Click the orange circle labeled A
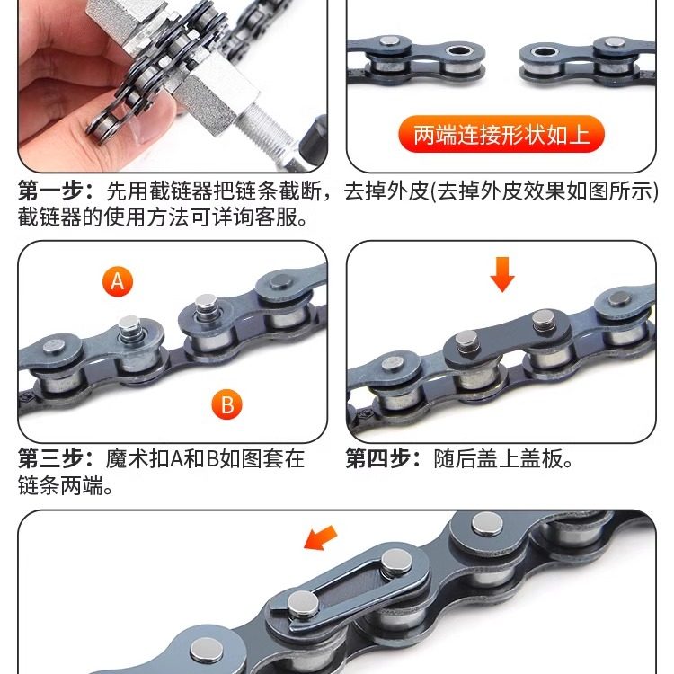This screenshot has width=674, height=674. point(117,282)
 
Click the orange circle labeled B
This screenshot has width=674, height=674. point(226,404)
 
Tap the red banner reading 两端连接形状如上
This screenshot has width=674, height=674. point(501,136)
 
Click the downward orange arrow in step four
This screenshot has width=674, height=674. point(502,274)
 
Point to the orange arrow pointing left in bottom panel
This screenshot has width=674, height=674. point(321,539)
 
